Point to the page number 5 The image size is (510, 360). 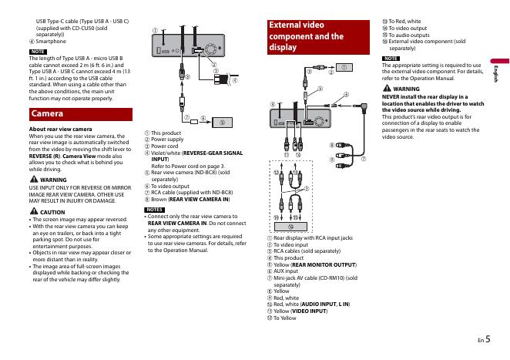(x=488, y=339)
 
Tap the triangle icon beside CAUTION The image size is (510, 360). (x=34, y=211)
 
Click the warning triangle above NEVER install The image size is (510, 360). (x=387, y=88)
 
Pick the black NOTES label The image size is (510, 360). (x=155, y=210)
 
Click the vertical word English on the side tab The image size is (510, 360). (x=496, y=74)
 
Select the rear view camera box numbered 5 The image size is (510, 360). (x=222, y=123)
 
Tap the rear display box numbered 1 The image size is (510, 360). (x=344, y=67)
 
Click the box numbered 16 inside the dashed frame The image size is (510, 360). (x=290, y=227)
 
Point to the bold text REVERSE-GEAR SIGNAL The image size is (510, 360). (x=213, y=153)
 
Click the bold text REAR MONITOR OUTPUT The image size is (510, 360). (x=324, y=265)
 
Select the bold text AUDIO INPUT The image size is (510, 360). (x=319, y=304)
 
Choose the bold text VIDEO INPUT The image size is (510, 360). (x=309, y=311)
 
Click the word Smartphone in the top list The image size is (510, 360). (x=51, y=42)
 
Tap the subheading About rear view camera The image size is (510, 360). (x=61, y=130)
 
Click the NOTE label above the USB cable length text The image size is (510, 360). (x=38, y=52)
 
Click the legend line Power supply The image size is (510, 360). (x=167, y=140)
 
